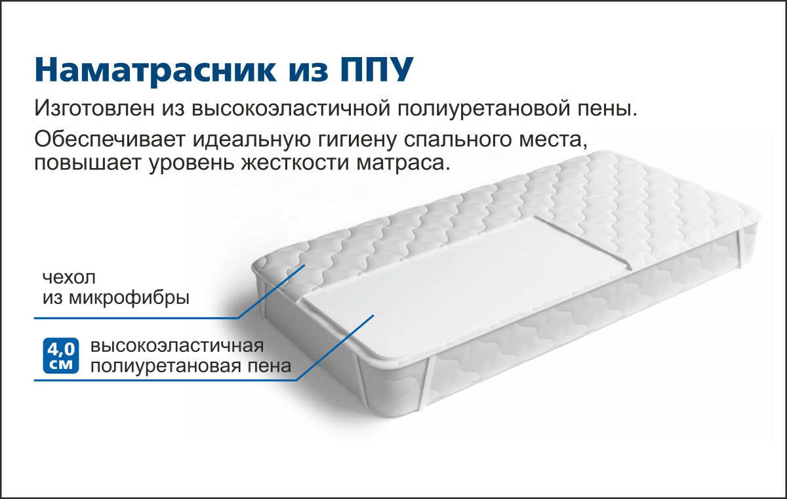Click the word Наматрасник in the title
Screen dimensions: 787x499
(155, 70)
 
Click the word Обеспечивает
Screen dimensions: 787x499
(110, 139)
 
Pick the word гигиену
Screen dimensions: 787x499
(357, 141)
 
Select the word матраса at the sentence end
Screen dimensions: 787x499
(404, 164)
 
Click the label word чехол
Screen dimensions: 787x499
(69, 278)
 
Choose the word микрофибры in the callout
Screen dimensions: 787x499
(129, 298)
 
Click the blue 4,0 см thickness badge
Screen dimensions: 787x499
(61, 355)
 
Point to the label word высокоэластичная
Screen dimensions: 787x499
(177, 345)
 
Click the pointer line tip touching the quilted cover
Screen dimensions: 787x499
(304, 265)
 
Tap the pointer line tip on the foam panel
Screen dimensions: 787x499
(373, 315)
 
